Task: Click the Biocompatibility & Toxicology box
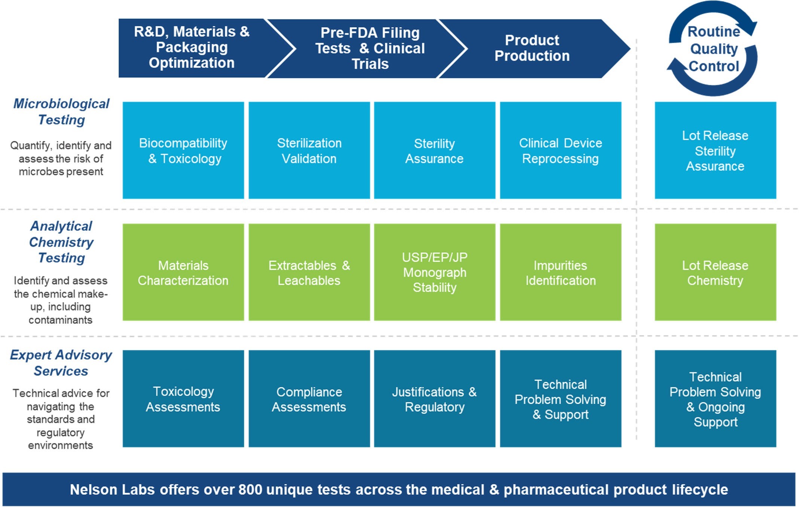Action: [x=183, y=150]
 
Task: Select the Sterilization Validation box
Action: [x=309, y=150]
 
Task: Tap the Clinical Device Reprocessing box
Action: [x=560, y=150]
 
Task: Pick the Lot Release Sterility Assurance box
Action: [x=715, y=150]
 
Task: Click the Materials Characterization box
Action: [x=183, y=272]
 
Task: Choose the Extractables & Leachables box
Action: [x=309, y=272]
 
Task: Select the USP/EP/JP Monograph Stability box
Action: [x=435, y=272]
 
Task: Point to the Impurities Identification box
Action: [x=560, y=272]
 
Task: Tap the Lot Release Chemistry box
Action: [x=715, y=272]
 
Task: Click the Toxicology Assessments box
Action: [x=183, y=399]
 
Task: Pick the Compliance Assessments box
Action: [x=309, y=399]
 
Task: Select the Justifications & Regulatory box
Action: [x=435, y=399]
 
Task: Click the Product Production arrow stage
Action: [x=532, y=48]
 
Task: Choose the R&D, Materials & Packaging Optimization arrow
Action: [x=192, y=47]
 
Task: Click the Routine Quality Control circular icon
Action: [x=714, y=49]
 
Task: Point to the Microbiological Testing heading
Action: [x=61, y=111]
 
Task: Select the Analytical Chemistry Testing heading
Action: [x=61, y=242]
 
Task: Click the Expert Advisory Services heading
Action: [x=61, y=363]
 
